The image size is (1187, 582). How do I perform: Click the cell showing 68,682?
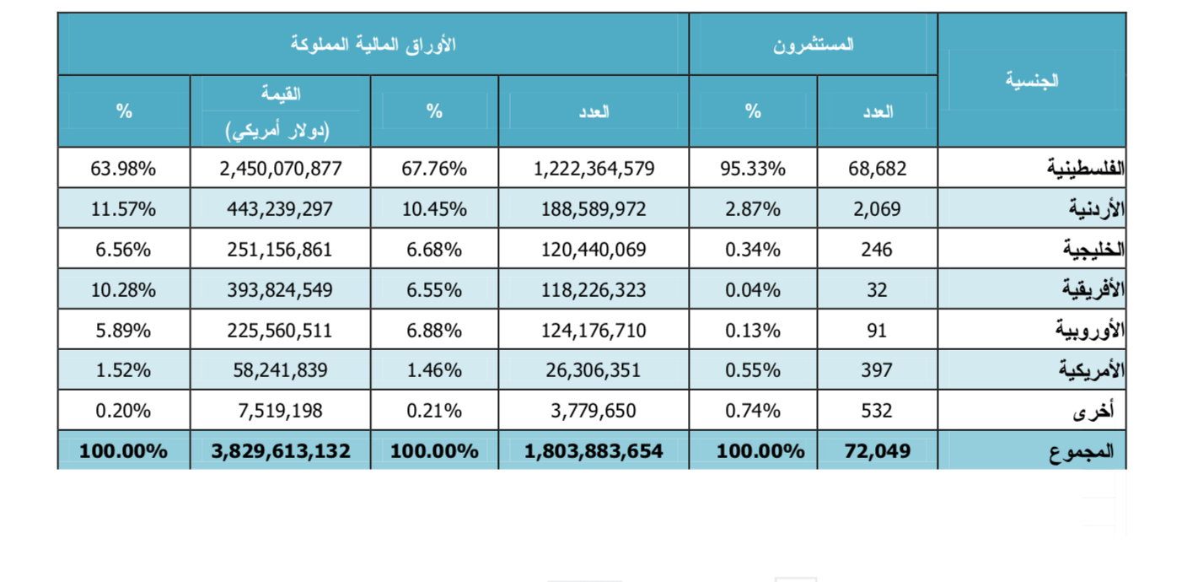pyautogui.click(x=878, y=169)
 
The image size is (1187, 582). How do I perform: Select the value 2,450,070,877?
pyautogui.click(x=280, y=169)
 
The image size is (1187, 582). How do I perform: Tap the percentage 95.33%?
pyautogui.click(x=753, y=169)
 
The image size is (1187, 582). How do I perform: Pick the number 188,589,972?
pyautogui.click(x=593, y=209)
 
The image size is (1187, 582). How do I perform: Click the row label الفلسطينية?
pyautogui.click(x=1085, y=169)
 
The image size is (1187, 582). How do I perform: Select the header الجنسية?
pyautogui.click(x=1032, y=81)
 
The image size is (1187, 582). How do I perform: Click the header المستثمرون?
pyautogui.click(x=813, y=45)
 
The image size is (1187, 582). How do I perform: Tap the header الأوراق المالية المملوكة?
pyautogui.click(x=373, y=45)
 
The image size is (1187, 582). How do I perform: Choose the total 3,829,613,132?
pyautogui.click(x=280, y=451)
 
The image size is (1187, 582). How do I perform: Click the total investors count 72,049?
pyautogui.click(x=878, y=451)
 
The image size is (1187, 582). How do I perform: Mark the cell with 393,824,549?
pyautogui.click(x=280, y=290)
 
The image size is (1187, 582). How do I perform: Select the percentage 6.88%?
pyautogui.click(x=434, y=331)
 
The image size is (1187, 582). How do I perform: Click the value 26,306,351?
pyautogui.click(x=593, y=370)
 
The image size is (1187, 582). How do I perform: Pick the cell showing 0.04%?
pyautogui.click(x=753, y=290)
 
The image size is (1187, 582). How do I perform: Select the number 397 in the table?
pyautogui.click(x=878, y=370)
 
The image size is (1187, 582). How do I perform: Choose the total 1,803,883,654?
pyautogui.click(x=593, y=451)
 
